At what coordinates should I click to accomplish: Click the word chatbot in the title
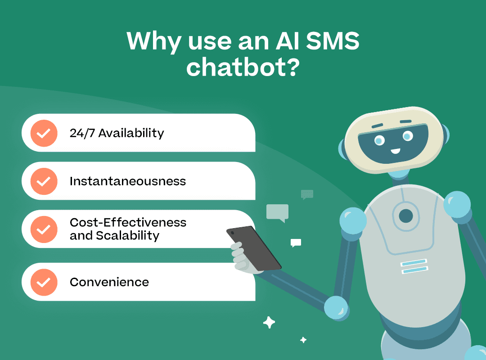tap(243, 67)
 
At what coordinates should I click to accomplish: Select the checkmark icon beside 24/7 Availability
tap(44, 133)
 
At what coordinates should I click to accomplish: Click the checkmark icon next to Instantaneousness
tap(44, 181)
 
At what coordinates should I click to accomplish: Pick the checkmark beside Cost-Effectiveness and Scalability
tap(44, 229)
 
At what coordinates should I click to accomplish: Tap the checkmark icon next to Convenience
tap(44, 282)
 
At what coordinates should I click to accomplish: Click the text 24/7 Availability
tap(117, 133)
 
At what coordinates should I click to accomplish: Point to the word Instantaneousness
tap(127, 181)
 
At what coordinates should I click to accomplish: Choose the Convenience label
tap(109, 282)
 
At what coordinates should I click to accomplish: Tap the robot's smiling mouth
tap(395, 149)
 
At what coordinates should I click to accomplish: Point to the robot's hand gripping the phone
tap(241, 256)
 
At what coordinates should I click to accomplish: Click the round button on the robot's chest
tap(405, 216)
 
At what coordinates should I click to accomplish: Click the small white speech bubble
tap(296, 243)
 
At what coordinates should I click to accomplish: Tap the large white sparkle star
tap(269, 322)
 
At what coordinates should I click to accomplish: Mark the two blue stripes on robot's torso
tap(414, 266)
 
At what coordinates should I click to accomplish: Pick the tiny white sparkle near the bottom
tap(303, 340)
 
